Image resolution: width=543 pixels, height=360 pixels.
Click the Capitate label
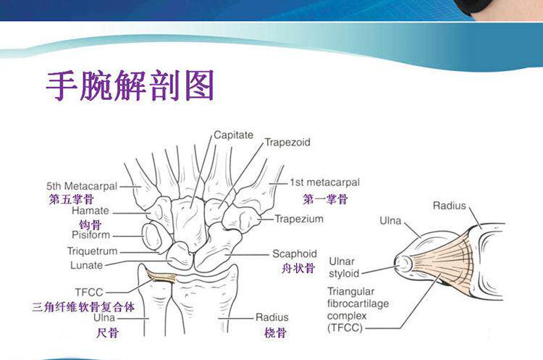[x=233, y=135]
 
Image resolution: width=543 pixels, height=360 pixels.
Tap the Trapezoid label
[x=287, y=143]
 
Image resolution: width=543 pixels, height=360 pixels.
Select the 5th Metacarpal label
[x=81, y=185]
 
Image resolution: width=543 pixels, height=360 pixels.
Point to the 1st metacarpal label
[x=324, y=183]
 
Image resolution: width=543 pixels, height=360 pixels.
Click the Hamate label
[x=90, y=211]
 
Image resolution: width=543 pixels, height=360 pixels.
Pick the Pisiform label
[x=90, y=235]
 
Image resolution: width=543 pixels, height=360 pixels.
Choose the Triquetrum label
[x=92, y=251]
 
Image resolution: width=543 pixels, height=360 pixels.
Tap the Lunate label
[x=90, y=266]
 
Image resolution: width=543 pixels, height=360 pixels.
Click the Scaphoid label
[x=295, y=254]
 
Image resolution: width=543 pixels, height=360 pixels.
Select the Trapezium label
[x=299, y=219]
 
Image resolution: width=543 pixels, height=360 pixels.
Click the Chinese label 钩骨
[x=90, y=224]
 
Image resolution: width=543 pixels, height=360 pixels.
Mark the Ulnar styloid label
[x=344, y=267]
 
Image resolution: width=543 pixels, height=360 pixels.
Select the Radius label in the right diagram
[x=450, y=206]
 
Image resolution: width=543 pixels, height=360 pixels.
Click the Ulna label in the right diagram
[x=392, y=219]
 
